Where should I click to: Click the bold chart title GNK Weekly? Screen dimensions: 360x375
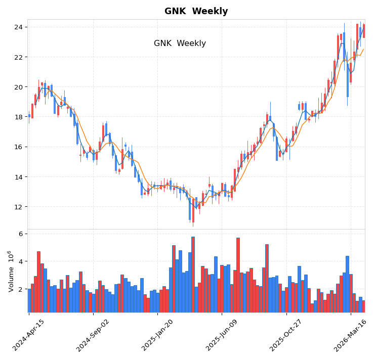[196, 11]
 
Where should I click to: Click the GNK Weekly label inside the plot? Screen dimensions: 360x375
[180, 43]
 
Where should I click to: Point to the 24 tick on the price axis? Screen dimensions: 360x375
[18, 27]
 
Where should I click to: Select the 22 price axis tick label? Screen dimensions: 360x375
[18, 57]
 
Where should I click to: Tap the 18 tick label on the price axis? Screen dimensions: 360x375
[18, 117]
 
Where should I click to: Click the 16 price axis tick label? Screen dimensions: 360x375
[18, 147]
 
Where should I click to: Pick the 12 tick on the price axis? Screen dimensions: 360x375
[18, 207]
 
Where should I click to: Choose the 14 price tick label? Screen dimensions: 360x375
[18, 177]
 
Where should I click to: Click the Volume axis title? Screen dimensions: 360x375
[10, 271]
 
